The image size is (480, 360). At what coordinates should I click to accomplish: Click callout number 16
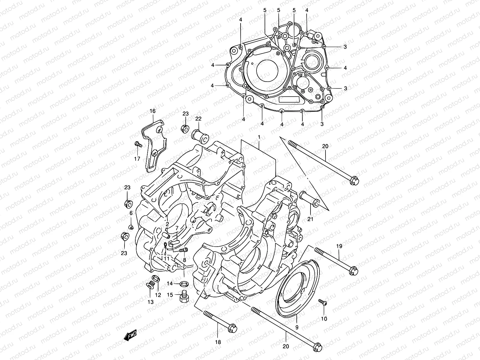(152, 111)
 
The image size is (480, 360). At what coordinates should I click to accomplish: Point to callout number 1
(259, 137)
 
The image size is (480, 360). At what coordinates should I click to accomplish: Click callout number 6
(131, 213)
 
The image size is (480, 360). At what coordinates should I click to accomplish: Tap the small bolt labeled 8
(184, 250)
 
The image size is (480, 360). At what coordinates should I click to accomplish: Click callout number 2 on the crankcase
(167, 224)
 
